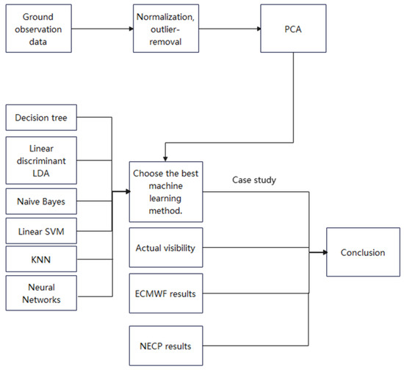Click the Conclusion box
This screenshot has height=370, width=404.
pyautogui.click(x=362, y=253)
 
